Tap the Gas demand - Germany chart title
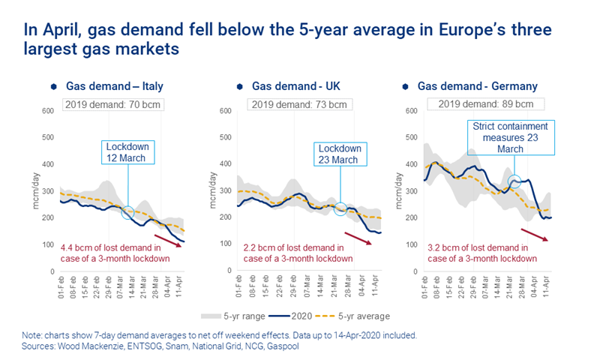pyautogui.click(x=484, y=86)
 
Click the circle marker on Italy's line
pyautogui.click(x=128, y=213)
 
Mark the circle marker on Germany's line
pyautogui.click(x=515, y=181)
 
